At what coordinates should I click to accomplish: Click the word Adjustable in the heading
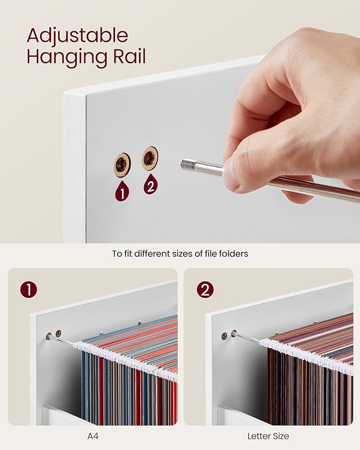click(x=77, y=36)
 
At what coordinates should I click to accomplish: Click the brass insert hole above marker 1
click(x=122, y=165)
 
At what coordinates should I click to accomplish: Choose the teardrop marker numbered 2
click(x=151, y=184)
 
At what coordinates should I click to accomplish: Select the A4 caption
click(x=93, y=436)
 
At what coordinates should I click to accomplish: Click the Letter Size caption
click(x=268, y=436)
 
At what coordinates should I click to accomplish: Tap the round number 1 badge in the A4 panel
click(x=29, y=290)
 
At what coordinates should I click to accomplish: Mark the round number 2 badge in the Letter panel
click(x=205, y=290)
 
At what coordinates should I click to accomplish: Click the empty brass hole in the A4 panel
click(x=58, y=333)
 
